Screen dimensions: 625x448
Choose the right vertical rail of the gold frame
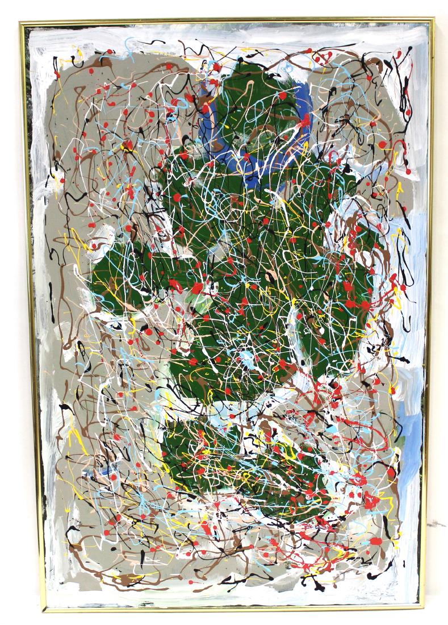(x=428, y=312)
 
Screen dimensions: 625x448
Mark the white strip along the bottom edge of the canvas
(x=227, y=591)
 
